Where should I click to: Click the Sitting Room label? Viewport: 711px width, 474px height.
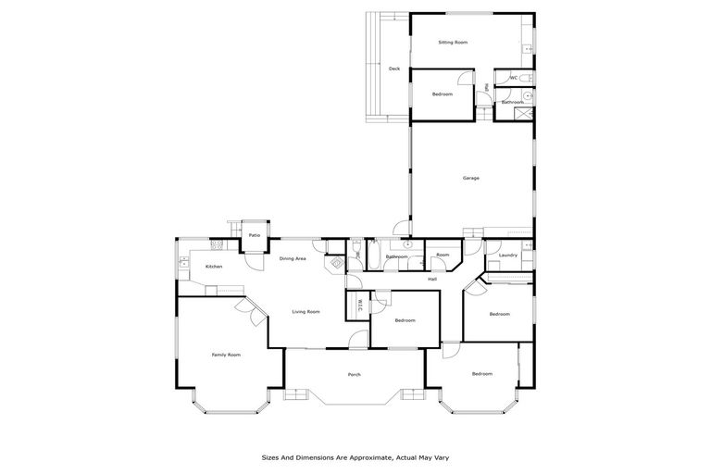pos(453,43)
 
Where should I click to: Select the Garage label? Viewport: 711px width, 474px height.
pos(471,177)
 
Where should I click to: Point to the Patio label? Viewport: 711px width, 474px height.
pos(254,235)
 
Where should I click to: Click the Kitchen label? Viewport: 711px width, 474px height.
pos(214,267)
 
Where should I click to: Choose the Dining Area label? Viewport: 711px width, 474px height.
pos(293,258)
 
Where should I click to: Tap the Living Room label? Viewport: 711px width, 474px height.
pos(306,312)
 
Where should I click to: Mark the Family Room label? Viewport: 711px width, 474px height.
pos(226,355)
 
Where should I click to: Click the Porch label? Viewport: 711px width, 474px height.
pos(354,374)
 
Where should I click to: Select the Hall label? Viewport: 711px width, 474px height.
pos(432,279)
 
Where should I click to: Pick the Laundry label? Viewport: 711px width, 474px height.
pos(507,255)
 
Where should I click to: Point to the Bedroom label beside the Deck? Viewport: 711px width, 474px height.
pos(443,94)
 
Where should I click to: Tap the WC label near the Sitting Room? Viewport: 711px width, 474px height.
pos(513,78)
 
